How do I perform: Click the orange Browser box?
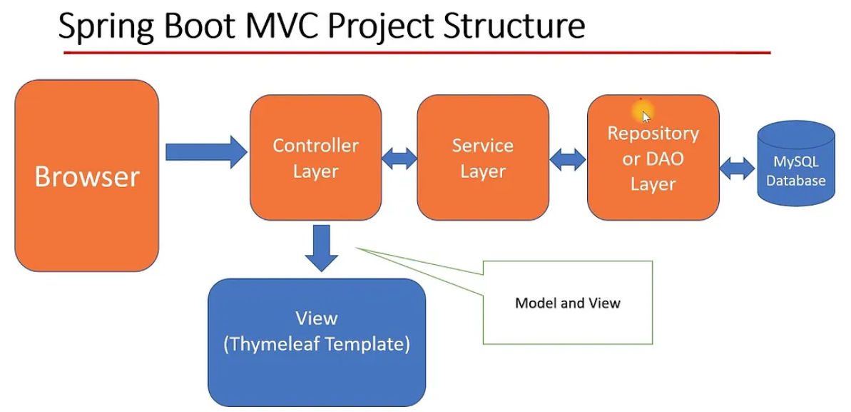[87, 176]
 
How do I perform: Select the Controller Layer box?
[316, 158]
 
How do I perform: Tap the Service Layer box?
[483, 158]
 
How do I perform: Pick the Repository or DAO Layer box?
[653, 158]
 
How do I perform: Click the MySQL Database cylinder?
[795, 164]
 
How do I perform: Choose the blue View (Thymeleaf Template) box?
[317, 343]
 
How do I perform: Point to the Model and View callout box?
[567, 302]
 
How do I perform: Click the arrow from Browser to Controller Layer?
[206, 152]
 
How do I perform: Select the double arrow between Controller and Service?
[399, 159]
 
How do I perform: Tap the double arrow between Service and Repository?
[568, 159]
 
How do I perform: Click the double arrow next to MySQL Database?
[738, 169]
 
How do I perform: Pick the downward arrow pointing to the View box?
[321, 248]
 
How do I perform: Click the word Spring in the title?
[103, 27]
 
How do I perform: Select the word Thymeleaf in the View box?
[277, 345]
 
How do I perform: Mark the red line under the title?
[417, 53]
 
